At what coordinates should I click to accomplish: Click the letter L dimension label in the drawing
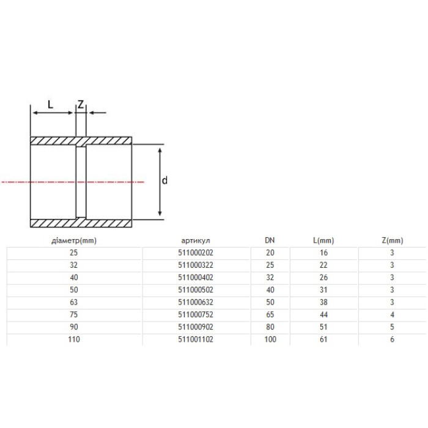click(51, 104)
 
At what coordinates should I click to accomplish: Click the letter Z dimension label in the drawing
click(81, 104)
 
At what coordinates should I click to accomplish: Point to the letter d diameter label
click(164, 180)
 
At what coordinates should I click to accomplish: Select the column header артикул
click(196, 240)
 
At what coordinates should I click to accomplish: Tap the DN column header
click(270, 240)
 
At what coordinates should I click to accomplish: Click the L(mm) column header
click(323, 240)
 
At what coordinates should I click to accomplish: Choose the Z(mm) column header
click(393, 240)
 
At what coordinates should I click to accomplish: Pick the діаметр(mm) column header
click(74, 240)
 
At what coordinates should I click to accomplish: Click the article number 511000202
click(196, 253)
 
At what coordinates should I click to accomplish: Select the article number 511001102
click(196, 339)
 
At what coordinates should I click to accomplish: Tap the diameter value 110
click(74, 339)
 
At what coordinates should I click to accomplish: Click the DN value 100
click(270, 339)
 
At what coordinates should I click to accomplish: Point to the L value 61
click(323, 339)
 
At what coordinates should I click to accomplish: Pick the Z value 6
click(393, 339)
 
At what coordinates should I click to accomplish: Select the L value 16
click(323, 253)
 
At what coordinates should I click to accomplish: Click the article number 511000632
click(196, 302)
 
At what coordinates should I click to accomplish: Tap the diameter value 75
click(74, 314)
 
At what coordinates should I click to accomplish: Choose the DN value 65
click(270, 314)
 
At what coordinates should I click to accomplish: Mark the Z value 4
click(393, 314)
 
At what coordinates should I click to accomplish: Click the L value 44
click(323, 314)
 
